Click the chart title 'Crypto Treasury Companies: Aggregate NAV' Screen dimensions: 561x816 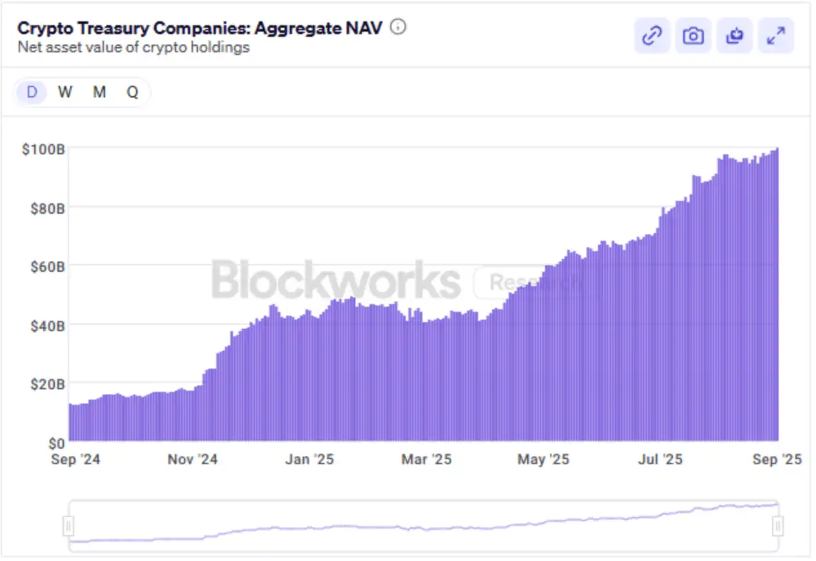(199, 28)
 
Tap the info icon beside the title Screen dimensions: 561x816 (399, 27)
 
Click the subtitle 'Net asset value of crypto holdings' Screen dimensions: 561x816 (133, 47)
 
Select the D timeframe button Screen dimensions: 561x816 (32, 92)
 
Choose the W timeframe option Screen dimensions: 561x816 (65, 92)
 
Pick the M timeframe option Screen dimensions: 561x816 (99, 92)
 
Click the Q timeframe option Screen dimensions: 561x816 (132, 92)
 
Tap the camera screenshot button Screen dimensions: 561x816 (693, 36)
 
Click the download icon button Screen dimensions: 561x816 (734, 36)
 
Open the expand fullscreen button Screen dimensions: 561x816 (775, 36)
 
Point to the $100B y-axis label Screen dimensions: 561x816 (43, 149)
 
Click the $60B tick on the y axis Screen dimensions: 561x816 (46, 267)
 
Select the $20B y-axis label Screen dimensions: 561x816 (46, 385)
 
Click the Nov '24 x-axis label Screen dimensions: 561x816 (192, 460)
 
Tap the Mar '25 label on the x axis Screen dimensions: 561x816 (426, 460)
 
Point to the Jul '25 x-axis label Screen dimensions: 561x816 (661, 460)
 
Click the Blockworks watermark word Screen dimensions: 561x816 (336, 281)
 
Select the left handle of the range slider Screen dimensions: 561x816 (69, 525)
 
